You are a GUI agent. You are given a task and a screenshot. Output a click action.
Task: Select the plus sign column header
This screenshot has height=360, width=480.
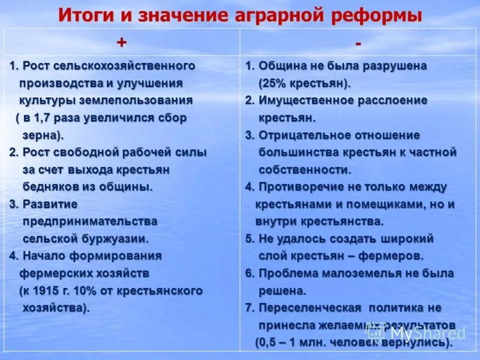click(122, 43)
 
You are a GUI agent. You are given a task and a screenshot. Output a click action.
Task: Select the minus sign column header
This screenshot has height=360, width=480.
click(358, 44)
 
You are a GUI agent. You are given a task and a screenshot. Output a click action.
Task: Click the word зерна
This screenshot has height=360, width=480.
click(41, 135)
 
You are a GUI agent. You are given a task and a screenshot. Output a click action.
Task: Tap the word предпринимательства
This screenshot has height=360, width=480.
click(90, 221)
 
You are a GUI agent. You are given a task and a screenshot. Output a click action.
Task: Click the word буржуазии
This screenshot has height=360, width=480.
click(117, 239)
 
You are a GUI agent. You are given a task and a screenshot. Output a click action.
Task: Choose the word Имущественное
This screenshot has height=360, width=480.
click(307, 100)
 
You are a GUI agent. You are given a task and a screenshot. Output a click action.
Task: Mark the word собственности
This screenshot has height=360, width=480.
click(304, 169)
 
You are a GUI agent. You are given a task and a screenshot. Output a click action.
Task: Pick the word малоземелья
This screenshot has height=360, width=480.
click(353, 274)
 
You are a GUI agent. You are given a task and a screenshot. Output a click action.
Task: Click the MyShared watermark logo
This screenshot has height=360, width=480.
click(417, 332)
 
